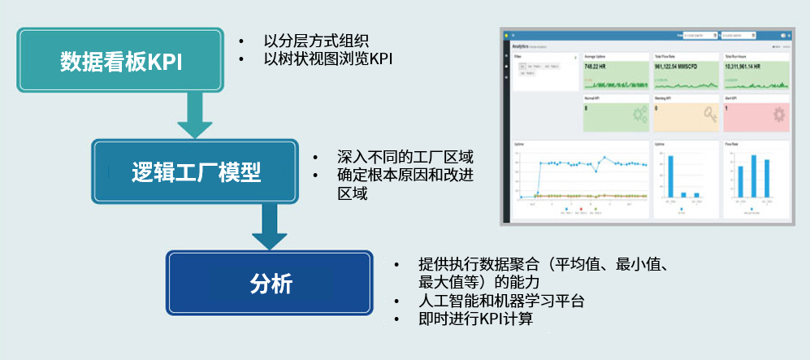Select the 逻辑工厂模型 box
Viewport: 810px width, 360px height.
pyautogui.click(x=196, y=171)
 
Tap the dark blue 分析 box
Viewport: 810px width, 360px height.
pyautogui.click(x=270, y=284)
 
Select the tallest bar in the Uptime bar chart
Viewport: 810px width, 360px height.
pyautogui.click(x=671, y=176)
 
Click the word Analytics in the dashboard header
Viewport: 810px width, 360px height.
pyautogui.click(x=521, y=47)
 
